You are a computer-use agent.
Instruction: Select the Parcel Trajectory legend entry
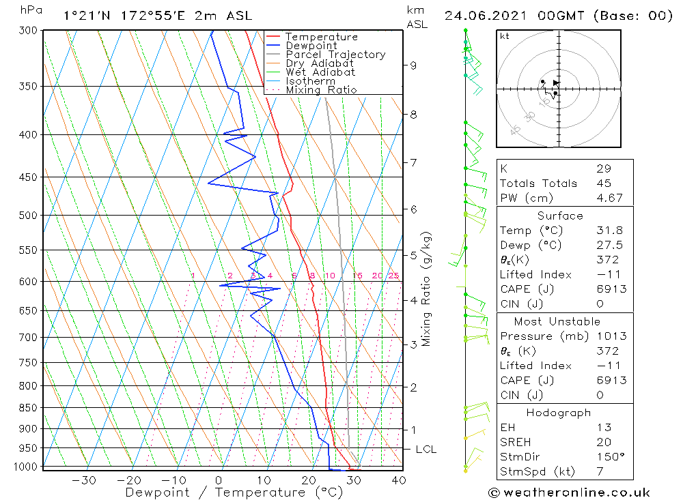pos(335,55)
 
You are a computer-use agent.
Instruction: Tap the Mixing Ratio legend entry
pos(321,89)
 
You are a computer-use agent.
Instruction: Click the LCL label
pos(426,450)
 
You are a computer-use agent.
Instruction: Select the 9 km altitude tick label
pos(413,65)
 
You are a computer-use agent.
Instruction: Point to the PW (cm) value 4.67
pos(607,198)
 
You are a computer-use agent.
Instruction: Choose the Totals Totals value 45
pos(604,183)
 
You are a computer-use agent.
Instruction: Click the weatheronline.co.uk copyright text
pos(569,492)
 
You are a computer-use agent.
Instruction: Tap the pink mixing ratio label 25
pos(393,276)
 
